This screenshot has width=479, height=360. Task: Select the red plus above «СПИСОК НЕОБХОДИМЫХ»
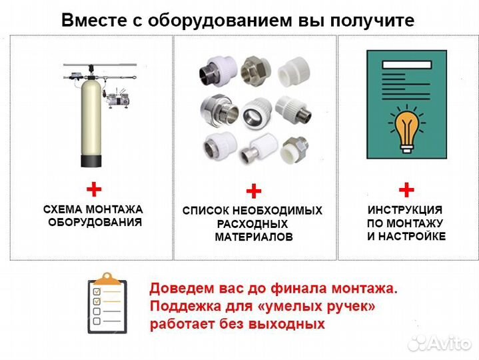(253, 192)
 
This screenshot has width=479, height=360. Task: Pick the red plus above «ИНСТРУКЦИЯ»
(406, 189)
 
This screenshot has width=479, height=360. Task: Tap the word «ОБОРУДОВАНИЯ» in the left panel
(95, 223)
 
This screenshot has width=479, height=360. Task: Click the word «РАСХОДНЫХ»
(252, 224)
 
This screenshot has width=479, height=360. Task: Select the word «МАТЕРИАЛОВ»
(253, 237)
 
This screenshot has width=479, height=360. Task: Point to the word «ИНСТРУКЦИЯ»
(406, 209)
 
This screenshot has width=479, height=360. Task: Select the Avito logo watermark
(440, 343)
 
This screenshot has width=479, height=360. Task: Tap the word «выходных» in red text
(295, 325)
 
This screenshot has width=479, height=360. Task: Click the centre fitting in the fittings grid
(254, 109)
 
